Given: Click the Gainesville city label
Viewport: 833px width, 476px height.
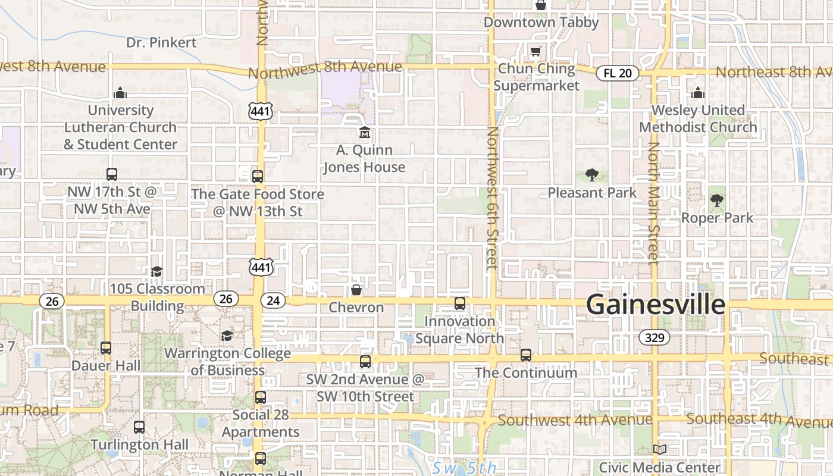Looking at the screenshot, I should tap(656, 305).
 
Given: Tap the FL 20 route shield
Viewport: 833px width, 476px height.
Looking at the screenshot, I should tap(618, 73).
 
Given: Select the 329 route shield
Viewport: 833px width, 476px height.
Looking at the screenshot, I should tap(654, 338).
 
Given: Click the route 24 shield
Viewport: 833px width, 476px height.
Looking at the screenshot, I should tap(273, 300).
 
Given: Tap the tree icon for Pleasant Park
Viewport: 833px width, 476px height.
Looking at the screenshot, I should tap(591, 175).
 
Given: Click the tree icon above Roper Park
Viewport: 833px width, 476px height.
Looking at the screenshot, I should tap(717, 201).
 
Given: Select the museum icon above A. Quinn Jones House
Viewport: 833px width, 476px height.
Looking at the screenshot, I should tap(364, 133).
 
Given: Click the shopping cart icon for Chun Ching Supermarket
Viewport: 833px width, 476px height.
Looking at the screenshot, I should tap(535, 52).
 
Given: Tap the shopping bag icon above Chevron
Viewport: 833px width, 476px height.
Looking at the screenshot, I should tap(356, 290).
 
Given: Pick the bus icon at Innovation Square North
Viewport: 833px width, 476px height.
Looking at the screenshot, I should tap(460, 303).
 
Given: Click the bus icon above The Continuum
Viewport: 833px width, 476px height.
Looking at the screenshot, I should tap(526, 355).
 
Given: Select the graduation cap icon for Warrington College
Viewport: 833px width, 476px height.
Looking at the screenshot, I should tap(227, 336).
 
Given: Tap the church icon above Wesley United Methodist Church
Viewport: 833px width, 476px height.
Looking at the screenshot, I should tap(698, 93).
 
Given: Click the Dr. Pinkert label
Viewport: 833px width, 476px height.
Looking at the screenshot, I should tap(161, 42).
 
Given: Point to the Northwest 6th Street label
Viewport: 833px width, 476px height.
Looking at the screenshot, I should tap(492, 198).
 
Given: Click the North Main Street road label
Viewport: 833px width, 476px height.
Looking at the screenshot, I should tap(654, 202).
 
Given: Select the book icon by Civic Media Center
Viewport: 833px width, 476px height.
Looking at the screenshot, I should tap(659, 449).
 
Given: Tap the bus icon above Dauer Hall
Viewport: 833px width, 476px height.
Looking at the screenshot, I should tap(106, 348).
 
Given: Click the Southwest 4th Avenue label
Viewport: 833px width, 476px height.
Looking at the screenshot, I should tap(575, 420).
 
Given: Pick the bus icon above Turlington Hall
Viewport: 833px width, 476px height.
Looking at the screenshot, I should tap(139, 427).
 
